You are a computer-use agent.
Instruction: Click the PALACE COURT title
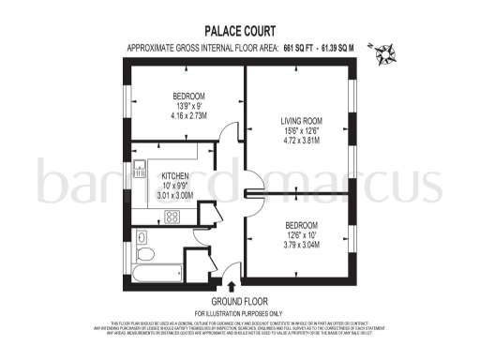point(239,29)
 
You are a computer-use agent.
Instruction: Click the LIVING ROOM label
point(302,120)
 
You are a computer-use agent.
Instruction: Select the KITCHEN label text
point(176,175)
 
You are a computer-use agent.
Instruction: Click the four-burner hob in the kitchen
point(172,216)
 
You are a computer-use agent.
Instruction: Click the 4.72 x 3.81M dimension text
point(302,142)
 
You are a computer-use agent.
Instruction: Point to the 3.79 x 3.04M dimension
point(301,247)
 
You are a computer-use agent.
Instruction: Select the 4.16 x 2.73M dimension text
point(188,117)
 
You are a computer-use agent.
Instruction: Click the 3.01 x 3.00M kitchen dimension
point(176,197)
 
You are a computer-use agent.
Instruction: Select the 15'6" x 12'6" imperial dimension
point(302,131)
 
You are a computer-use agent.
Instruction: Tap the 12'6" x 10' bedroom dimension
point(301,236)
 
